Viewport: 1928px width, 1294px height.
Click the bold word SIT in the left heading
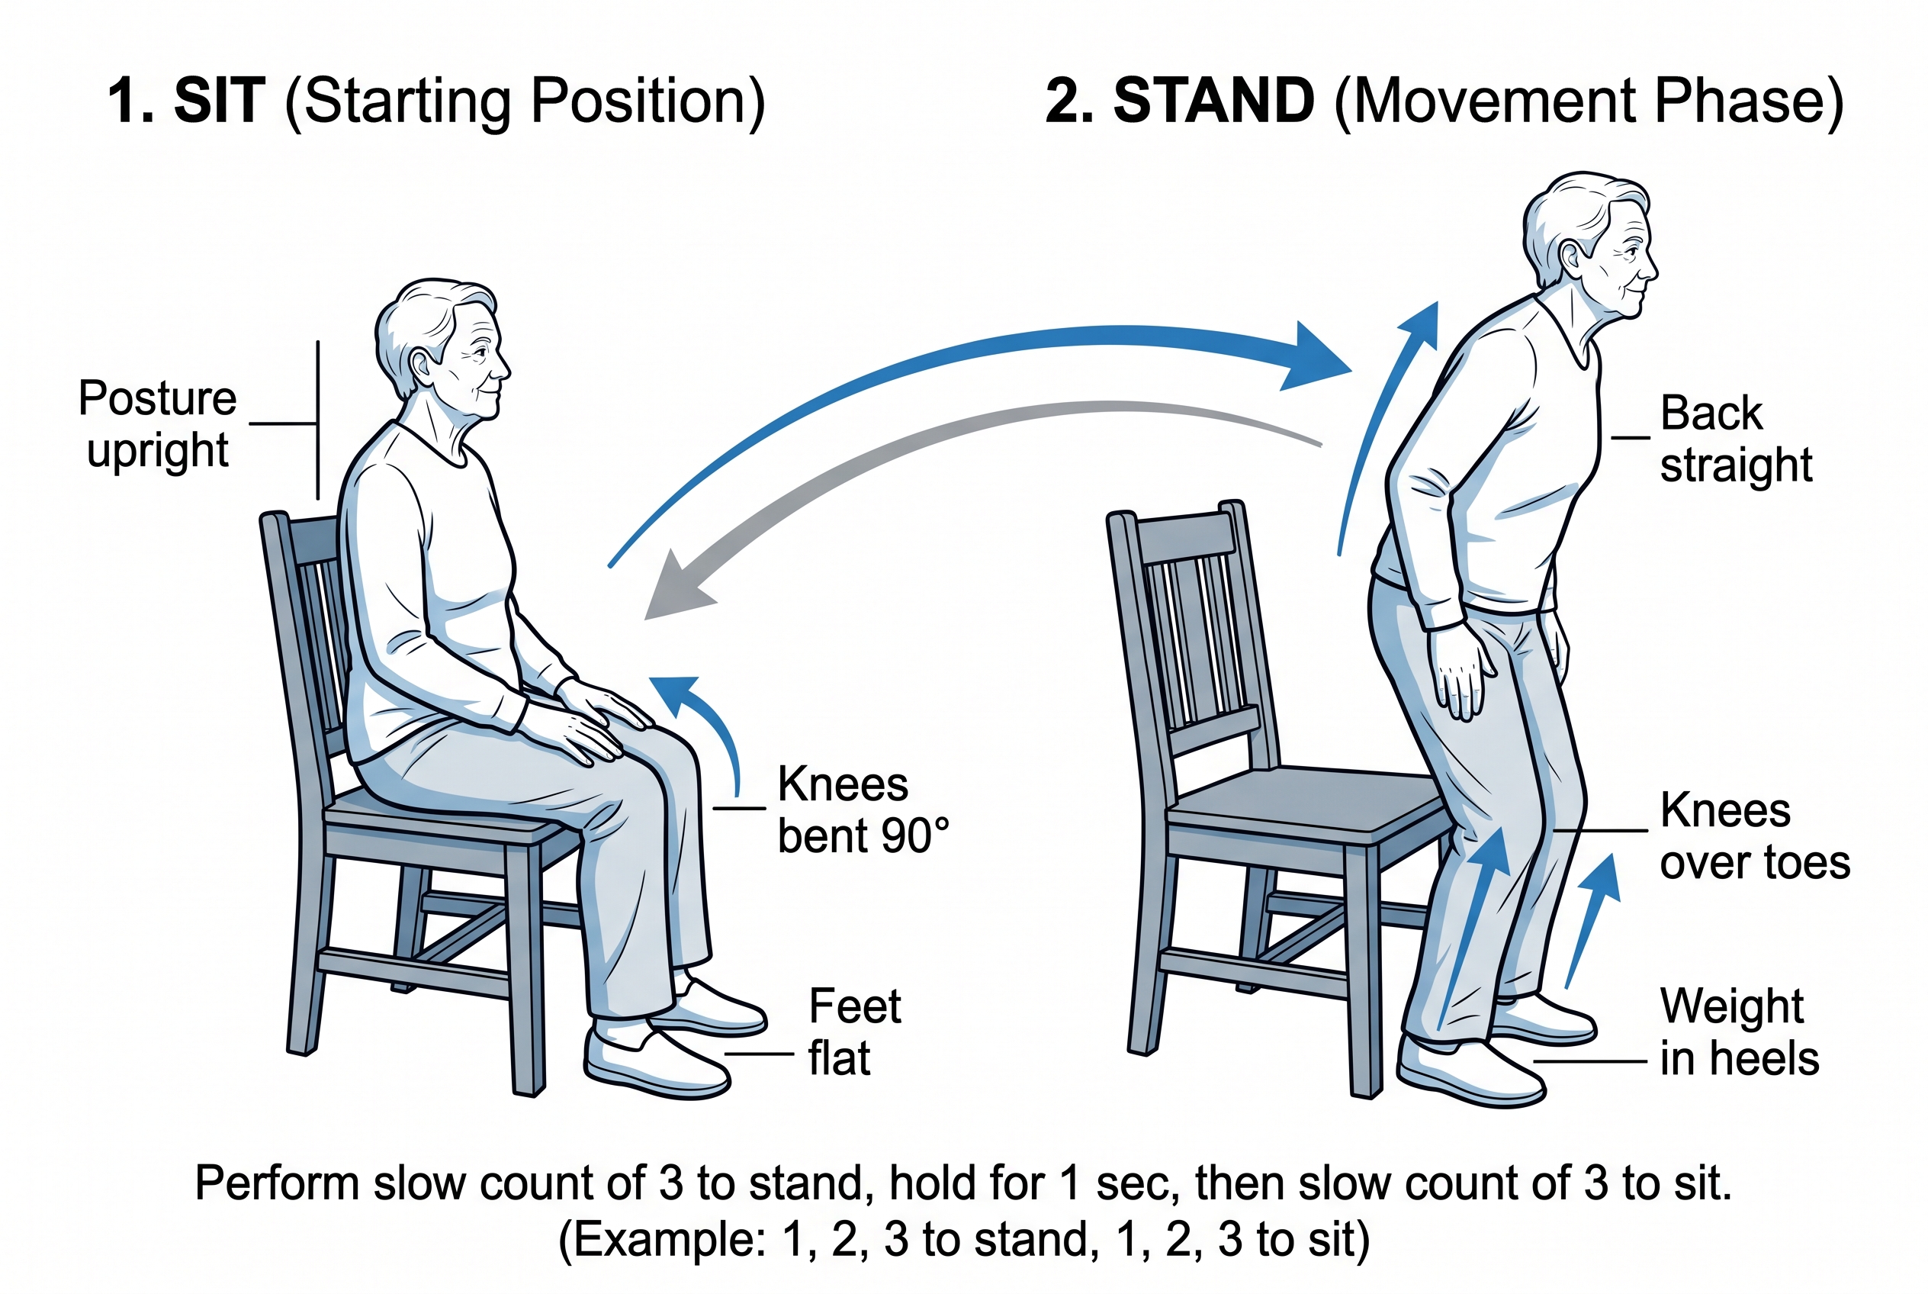click(x=220, y=101)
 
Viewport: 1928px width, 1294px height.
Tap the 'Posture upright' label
click(x=158, y=424)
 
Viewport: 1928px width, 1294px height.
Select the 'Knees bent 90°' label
click(x=862, y=810)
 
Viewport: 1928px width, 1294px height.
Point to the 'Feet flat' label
click(x=855, y=1032)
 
